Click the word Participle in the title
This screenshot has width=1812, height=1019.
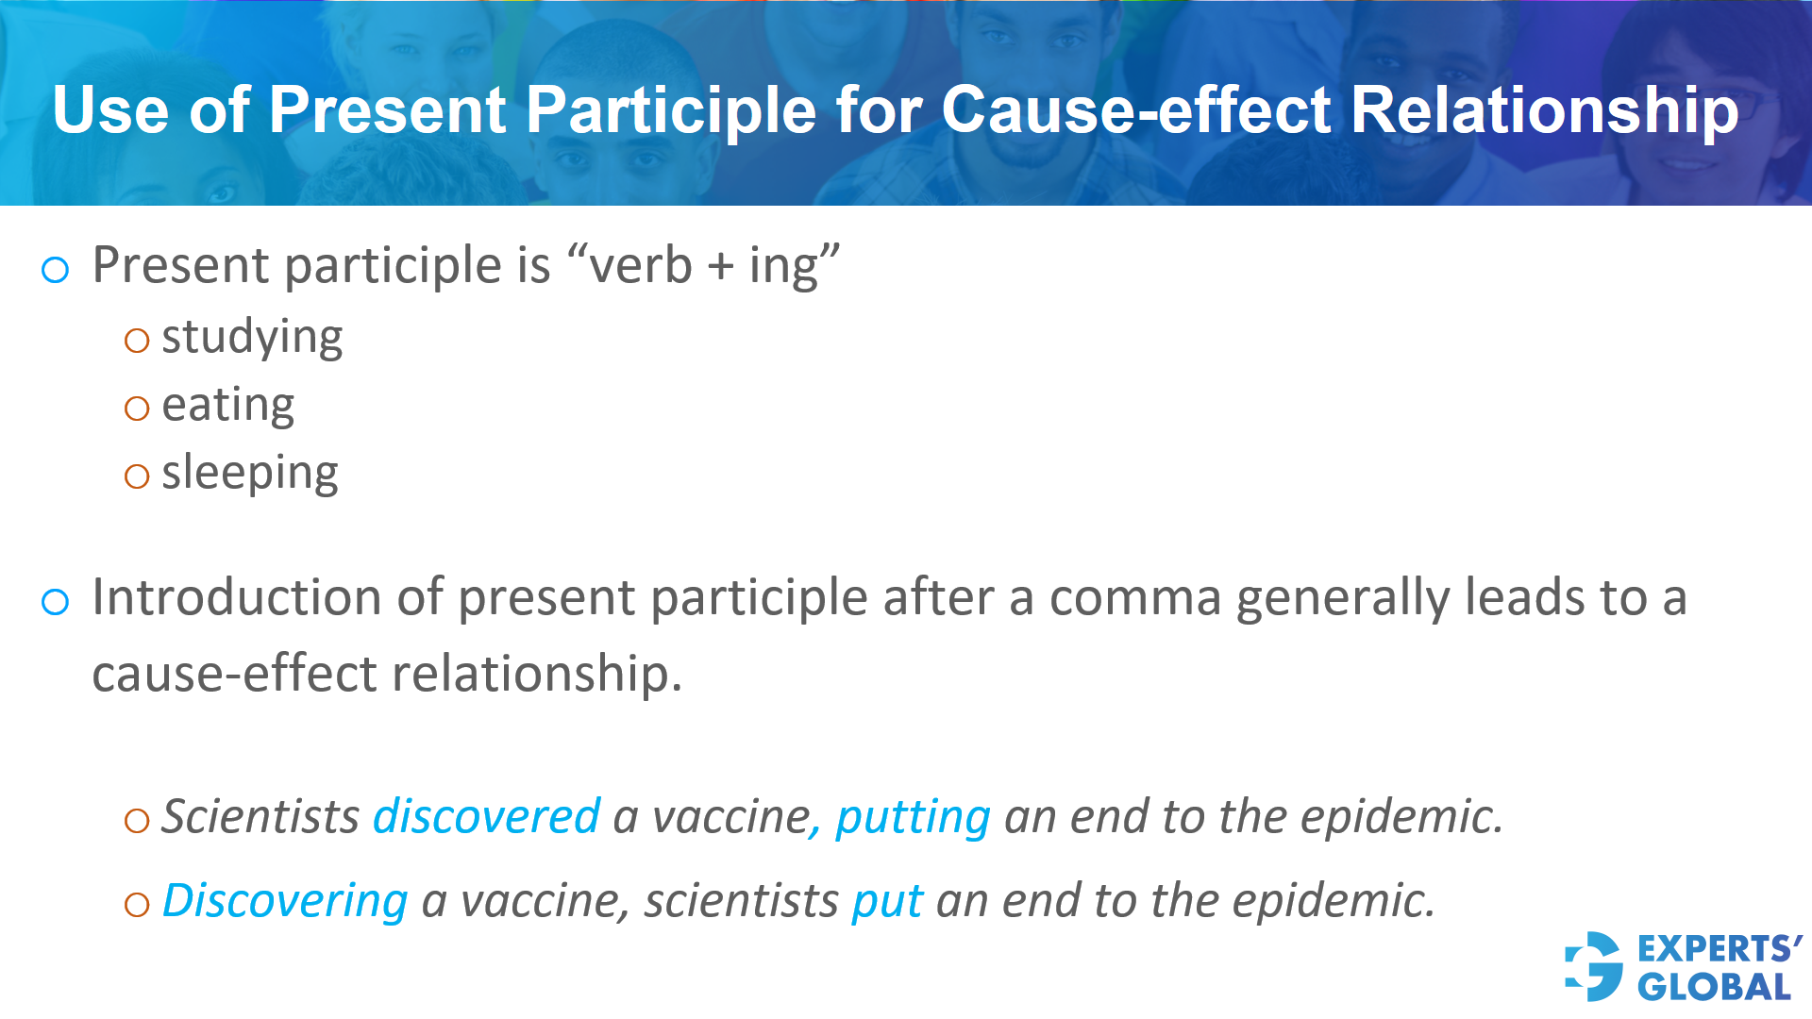(x=670, y=110)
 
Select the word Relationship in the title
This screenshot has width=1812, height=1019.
(x=1545, y=110)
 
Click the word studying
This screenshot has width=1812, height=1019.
(x=252, y=337)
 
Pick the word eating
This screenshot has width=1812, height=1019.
(x=228, y=405)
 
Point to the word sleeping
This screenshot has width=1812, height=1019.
(x=250, y=473)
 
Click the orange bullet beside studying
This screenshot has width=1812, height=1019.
(x=137, y=341)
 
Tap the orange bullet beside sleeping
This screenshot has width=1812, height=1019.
(x=137, y=476)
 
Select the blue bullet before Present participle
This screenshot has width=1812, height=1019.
(x=56, y=271)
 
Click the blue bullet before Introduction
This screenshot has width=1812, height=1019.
(x=56, y=602)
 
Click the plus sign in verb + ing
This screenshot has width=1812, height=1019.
(x=720, y=266)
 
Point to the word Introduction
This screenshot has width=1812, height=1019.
(x=267, y=598)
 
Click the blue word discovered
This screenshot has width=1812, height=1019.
(x=487, y=816)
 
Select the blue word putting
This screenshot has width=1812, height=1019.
(x=913, y=817)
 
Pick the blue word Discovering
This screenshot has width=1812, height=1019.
(x=285, y=900)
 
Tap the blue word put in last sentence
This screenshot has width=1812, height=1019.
(x=887, y=902)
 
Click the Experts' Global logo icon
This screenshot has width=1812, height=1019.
(x=1594, y=966)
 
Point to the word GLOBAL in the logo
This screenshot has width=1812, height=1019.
(x=1714, y=987)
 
